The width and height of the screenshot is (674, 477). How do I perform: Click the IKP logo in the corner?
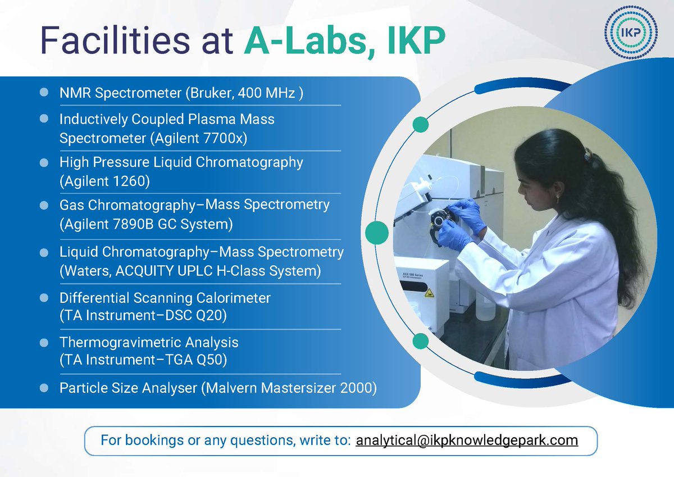[x=631, y=33]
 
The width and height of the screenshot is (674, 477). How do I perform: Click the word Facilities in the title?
[x=115, y=40]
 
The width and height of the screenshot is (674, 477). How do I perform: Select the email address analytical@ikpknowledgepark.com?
[x=467, y=440]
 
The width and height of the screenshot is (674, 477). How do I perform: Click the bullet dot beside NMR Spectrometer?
[x=44, y=92]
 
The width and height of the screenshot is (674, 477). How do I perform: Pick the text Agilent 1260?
[x=104, y=181]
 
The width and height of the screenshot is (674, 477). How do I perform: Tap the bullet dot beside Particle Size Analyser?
[x=44, y=388]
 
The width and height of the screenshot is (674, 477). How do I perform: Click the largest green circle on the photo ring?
[x=377, y=233]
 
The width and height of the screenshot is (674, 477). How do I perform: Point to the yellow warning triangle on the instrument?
[x=429, y=292]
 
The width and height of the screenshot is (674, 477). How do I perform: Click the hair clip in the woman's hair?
[x=588, y=154]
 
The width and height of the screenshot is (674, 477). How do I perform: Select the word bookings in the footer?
[x=154, y=440]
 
